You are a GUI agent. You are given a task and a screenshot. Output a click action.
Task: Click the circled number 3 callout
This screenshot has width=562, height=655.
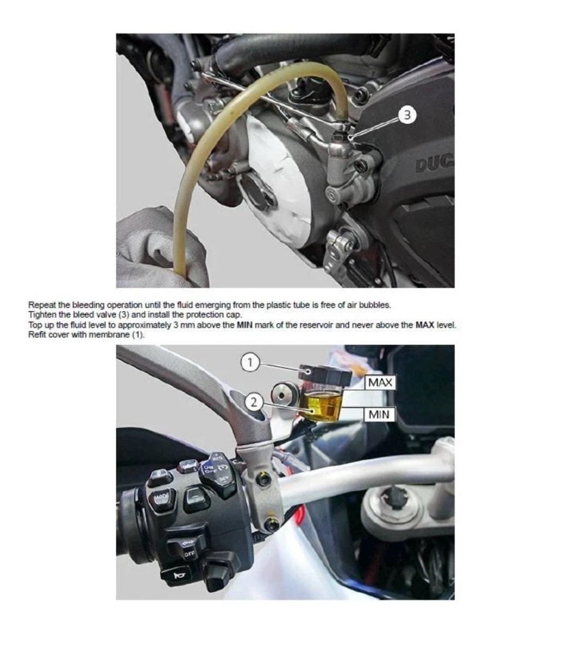[407, 115]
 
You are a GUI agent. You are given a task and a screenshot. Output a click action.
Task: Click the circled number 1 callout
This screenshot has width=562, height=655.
[250, 362]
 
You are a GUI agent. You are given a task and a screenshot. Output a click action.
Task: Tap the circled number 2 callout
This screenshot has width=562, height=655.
[254, 403]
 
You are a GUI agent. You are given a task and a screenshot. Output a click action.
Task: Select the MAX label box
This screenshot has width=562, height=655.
[380, 383]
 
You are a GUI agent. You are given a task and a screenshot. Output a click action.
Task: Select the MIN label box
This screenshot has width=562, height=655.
[380, 414]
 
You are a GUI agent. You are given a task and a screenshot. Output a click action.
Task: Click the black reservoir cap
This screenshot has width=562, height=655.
[325, 374]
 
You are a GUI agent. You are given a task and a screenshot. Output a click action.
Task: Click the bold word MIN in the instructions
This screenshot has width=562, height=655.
[245, 325]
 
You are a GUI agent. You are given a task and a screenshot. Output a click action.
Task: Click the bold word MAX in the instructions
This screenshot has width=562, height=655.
[425, 325]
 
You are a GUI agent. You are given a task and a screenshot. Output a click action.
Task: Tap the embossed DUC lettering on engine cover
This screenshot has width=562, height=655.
[435, 165]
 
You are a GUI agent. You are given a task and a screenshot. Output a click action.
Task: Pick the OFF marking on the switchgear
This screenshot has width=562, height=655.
[190, 554]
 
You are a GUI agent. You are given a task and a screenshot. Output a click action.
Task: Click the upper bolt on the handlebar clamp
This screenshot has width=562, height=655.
[263, 479]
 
